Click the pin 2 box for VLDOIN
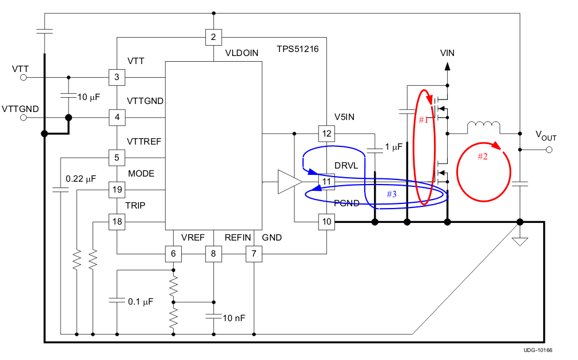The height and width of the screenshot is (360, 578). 213,38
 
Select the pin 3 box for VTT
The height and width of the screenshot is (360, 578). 117,77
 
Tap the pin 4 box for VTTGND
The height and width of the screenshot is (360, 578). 117,118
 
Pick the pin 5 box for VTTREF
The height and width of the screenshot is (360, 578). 117,157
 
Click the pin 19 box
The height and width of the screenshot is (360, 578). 117,189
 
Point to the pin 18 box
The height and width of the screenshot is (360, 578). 117,222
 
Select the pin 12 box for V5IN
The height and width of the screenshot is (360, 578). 326,134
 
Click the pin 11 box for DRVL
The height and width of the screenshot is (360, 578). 326,182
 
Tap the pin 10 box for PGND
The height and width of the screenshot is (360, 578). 326,222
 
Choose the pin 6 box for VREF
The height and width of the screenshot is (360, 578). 173,253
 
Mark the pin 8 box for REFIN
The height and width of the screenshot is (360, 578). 213,253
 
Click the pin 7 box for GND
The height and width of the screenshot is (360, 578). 254,253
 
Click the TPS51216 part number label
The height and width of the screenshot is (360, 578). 297,49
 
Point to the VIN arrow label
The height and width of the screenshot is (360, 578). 448,53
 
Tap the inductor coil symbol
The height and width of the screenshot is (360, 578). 484,127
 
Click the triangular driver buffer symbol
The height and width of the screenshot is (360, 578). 289,182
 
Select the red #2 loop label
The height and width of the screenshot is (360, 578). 483,157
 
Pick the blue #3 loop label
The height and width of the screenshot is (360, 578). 391,194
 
